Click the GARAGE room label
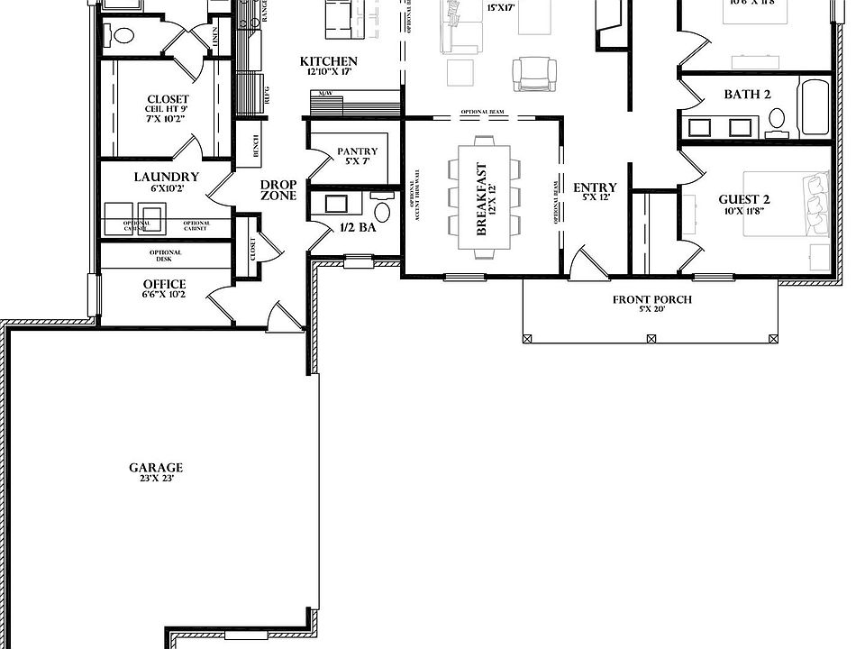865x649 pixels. click(x=156, y=468)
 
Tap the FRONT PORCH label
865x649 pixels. click(x=652, y=300)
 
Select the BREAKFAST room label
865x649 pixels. click(x=481, y=199)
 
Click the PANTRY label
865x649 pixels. click(x=357, y=151)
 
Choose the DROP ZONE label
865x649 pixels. click(x=278, y=189)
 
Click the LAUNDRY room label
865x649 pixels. click(x=167, y=177)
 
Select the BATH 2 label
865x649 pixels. click(x=747, y=95)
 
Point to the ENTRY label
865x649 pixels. click(x=595, y=188)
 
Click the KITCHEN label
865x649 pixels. click(x=329, y=61)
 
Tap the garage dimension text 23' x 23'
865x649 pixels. click(x=156, y=480)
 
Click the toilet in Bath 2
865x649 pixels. click(x=776, y=118)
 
